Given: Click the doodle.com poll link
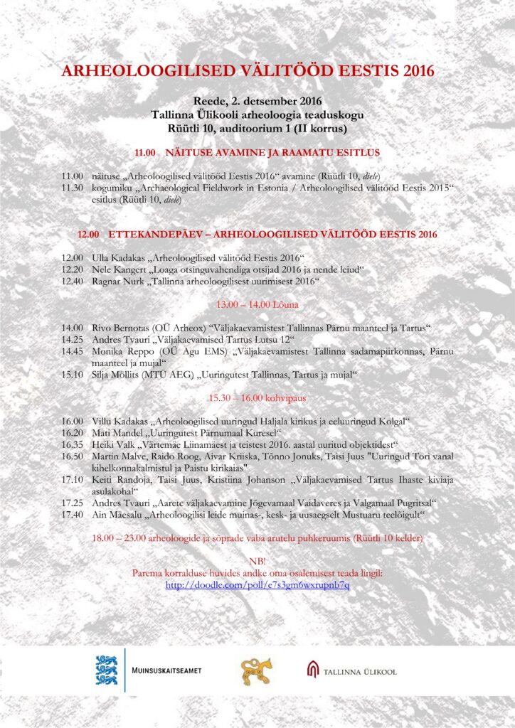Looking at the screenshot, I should pyautogui.click(x=257, y=585).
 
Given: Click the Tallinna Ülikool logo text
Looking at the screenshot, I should pyautogui.click(x=359, y=671).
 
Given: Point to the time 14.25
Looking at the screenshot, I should pyautogui.click(x=72, y=340).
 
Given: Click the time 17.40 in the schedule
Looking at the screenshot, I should pyautogui.click(x=72, y=513).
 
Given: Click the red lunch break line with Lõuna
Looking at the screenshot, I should pyautogui.click(x=257, y=305).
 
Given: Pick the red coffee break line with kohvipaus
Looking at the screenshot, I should pyautogui.click(x=257, y=397).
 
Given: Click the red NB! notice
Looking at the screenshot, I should pyautogui.click(x=257, y=561).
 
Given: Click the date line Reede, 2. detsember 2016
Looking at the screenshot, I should pyautogui.click(x=257, y=101).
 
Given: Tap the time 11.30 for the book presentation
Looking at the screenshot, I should pyautogui.click(x=72, y=187).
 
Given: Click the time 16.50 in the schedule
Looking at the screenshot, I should pyautogui.click(x=72, y=456).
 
